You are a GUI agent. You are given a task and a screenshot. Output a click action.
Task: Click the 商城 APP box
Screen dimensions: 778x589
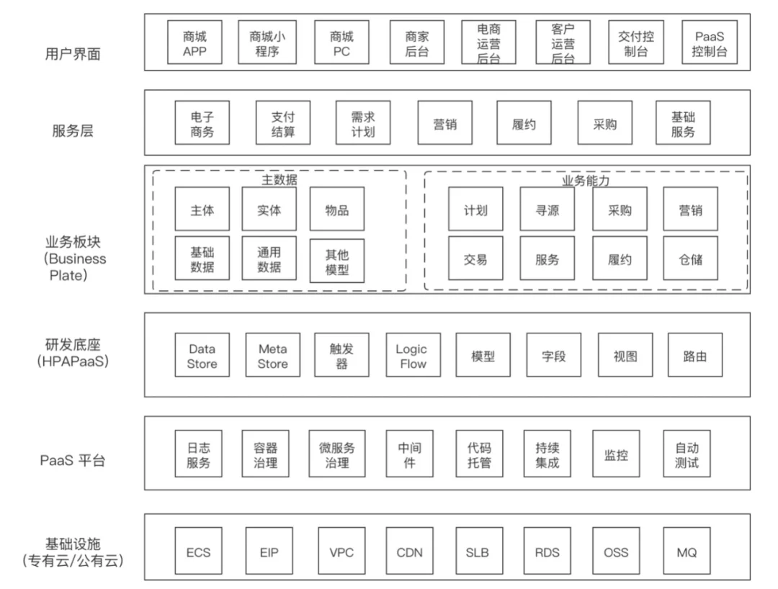[x=194, y=42]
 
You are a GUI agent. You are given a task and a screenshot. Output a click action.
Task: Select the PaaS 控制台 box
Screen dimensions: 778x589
[x=710, y=42]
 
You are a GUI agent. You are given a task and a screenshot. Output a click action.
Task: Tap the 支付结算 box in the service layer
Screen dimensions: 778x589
[x=283, y=123]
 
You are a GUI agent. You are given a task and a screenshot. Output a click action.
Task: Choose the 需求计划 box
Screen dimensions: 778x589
[x=362, y=123]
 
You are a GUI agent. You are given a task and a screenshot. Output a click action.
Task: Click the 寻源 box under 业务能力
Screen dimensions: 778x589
[x=547, y=209]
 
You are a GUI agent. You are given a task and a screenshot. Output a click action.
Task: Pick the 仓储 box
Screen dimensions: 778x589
[x=691, y=258]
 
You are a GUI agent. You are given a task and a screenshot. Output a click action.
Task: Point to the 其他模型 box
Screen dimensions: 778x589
[x=337, y=261]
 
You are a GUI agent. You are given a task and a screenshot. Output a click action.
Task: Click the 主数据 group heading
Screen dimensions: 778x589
[x=280, y=179]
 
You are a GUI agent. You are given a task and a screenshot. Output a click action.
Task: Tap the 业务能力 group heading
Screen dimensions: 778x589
[x=586, y=181]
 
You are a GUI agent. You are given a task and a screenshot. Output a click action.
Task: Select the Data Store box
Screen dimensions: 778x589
[x=202, y=355]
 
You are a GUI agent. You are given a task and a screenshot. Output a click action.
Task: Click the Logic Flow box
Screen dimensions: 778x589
[x=413, y=355]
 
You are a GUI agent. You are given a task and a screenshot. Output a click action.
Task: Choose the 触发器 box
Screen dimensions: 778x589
[x=342, y=355]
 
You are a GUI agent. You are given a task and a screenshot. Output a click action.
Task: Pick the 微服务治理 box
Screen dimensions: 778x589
[x=337, y=454]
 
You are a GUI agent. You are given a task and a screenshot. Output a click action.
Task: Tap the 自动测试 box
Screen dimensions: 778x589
[x=687, y=454]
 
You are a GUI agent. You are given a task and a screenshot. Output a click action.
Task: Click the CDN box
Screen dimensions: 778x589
[x=409, y=551]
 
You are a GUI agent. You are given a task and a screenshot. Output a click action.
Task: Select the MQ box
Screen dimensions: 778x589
[x=687, y=551]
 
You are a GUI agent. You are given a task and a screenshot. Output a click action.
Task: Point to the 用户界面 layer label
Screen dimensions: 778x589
[x=73, y=53]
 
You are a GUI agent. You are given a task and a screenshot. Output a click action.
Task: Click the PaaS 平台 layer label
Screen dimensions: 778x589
[x=73, y=460]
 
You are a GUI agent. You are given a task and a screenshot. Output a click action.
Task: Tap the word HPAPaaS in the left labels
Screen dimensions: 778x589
[x=73, y=361]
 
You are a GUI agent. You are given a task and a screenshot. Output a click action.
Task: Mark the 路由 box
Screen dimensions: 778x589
[x=695, y=355]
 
